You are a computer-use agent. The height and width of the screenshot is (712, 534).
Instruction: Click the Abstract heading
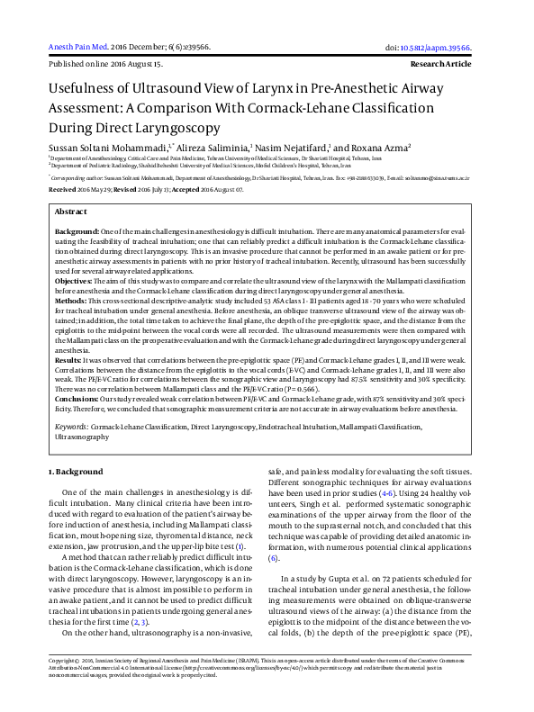tap(71, 211)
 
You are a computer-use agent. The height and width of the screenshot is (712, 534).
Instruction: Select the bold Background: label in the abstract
tap(77, 232)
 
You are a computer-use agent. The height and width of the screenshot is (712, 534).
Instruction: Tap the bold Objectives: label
tap(74, 282)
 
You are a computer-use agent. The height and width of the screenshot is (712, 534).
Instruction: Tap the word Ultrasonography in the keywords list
tap(82, 437)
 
